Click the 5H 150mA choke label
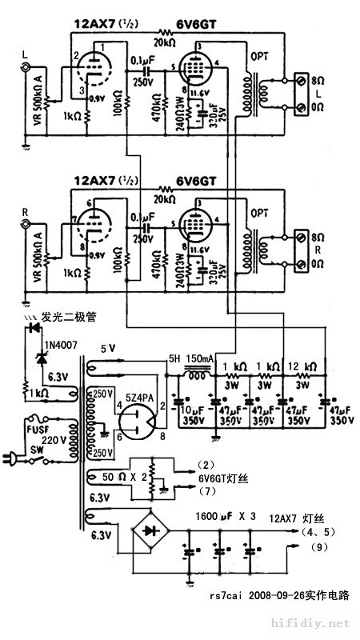[189, 359]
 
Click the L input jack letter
[26, 54]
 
